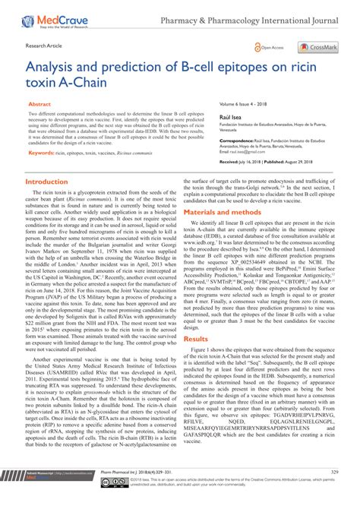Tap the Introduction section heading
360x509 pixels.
[x=52, y=182]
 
